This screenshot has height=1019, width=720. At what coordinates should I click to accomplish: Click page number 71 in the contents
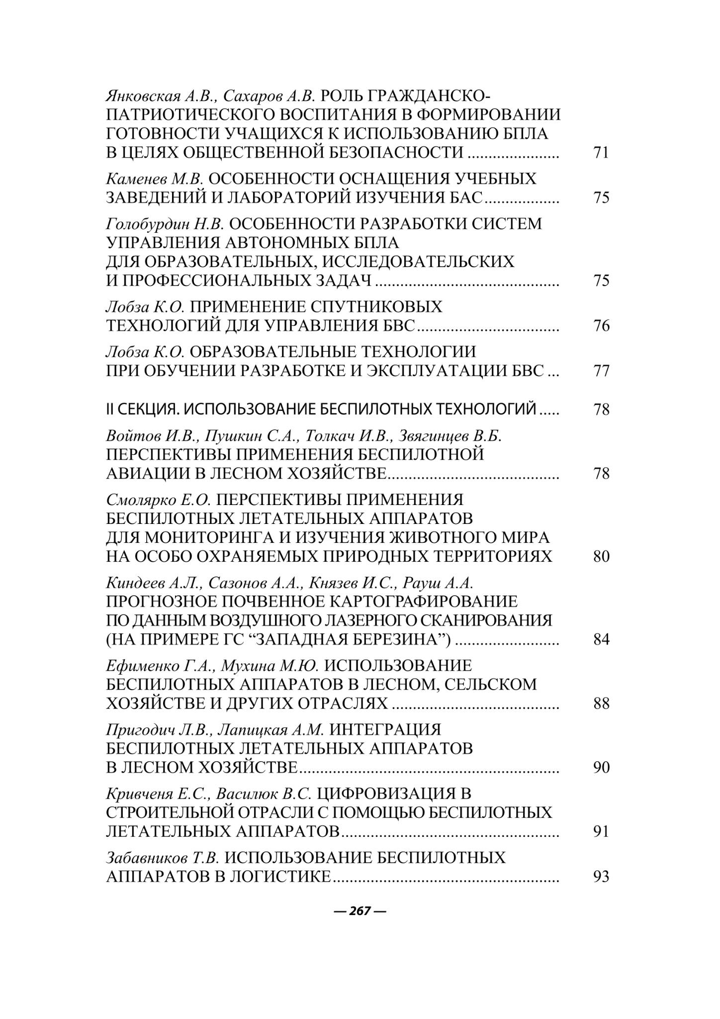point(601,152)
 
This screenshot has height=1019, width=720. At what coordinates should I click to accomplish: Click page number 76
point(601,326)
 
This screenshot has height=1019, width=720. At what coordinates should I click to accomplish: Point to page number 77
point(601,371)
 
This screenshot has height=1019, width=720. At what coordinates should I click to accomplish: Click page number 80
point(601,556)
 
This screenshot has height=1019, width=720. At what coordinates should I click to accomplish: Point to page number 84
point(601,639)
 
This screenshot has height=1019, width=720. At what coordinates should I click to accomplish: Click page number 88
point(601,704)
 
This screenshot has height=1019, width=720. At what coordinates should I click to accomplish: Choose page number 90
point(601,768)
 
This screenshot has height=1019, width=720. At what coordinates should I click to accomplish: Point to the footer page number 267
point(360,911)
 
